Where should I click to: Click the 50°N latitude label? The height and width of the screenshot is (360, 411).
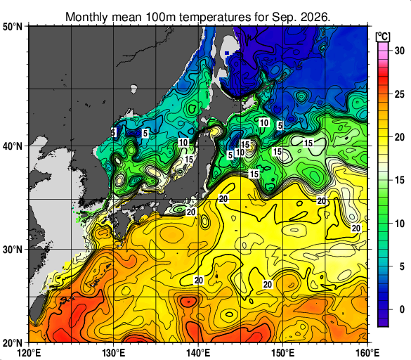click(13, 27)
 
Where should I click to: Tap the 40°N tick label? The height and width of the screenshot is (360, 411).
click(13, 146)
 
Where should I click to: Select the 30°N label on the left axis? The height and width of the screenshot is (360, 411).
click(13, 250)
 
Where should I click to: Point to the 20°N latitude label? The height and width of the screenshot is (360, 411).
click(13, 342)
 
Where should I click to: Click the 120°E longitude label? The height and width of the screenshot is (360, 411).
click(29, 353)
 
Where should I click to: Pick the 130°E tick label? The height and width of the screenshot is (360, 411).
click(114, 353)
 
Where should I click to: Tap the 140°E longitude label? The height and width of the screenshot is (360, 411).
click(198, 353)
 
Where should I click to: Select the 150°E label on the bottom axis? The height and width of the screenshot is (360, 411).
click(283, 353)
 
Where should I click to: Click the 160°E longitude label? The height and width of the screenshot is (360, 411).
click(367, 353)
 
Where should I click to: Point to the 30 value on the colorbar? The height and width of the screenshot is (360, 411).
click(400, 51)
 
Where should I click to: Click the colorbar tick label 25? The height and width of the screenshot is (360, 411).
click(400, 94)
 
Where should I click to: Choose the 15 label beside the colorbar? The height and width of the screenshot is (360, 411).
click(400, 180)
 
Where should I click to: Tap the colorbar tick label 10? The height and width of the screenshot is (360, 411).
click(400, 224)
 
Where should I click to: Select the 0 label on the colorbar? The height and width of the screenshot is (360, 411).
click(402, 309)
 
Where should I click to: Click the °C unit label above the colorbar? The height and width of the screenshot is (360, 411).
click(383, 37)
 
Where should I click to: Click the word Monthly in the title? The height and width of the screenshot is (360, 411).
click(86, 18)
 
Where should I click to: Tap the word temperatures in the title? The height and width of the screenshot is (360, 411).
click(215, 18)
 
